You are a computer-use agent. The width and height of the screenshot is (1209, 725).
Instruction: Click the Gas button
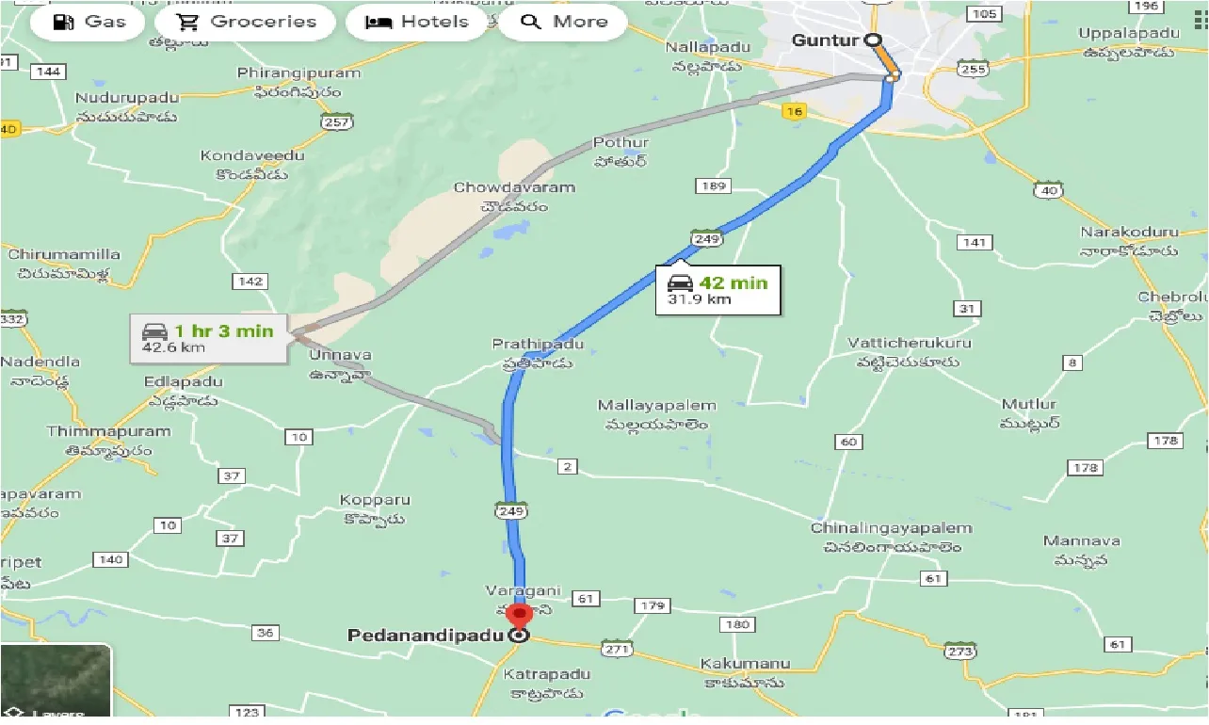point(89,22)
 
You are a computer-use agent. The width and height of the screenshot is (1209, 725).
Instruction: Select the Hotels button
point(417,22)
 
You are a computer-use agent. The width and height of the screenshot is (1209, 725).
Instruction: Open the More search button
point(562,22)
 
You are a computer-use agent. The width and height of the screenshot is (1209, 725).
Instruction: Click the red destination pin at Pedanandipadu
point(518,617)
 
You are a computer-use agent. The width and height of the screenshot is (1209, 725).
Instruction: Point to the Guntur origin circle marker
point(872,40)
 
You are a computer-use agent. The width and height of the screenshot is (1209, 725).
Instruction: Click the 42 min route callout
point(718,290)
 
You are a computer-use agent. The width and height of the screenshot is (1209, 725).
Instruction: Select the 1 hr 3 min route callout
point(208,338)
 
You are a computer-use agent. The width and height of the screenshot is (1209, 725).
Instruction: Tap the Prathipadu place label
point(538,345)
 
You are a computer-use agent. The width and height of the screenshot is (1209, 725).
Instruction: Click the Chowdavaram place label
point(514,187)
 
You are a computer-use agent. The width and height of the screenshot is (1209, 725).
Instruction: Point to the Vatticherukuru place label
point(909,343)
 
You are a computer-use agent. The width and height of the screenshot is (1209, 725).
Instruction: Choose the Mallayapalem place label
point(657,406)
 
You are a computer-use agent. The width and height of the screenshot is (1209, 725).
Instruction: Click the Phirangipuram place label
point(298,73)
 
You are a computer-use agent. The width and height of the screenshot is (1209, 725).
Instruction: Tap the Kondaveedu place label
point(252,155)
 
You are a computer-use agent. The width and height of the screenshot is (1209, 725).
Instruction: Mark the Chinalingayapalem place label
point(891,528)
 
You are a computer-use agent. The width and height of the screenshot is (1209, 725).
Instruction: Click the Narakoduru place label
point(1129,232)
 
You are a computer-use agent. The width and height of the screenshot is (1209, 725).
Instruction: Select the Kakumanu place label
point(743,665)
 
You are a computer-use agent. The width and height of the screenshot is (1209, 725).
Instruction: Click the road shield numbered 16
point(795,111)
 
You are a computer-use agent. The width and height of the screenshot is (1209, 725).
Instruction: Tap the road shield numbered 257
point(337,121)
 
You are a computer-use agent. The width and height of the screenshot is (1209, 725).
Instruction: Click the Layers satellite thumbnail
point(56,680)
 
